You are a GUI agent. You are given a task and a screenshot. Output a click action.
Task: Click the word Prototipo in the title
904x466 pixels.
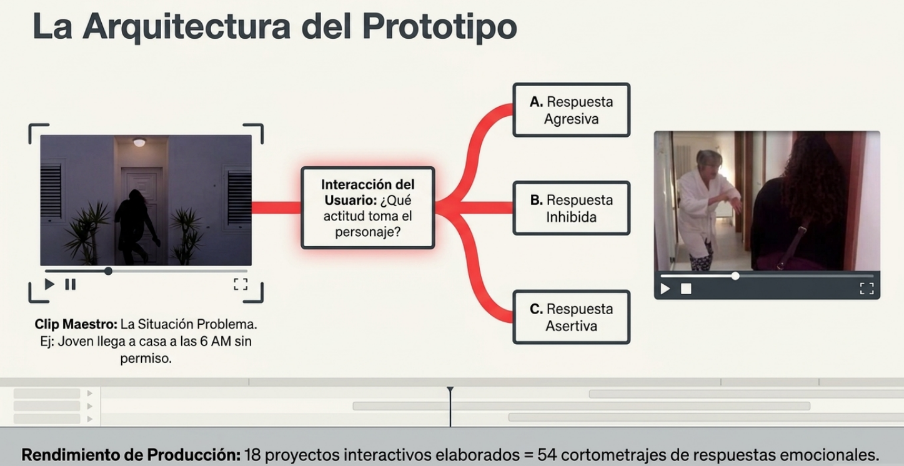(439, 26)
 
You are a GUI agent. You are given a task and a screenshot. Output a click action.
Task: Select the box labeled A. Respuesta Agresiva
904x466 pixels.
(571, 110)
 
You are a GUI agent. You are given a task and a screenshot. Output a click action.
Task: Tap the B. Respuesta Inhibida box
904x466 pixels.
(571, 208)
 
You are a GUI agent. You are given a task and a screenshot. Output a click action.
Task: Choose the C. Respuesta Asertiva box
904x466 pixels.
(571, 317)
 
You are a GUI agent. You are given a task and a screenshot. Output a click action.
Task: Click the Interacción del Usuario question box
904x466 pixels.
(367, 208)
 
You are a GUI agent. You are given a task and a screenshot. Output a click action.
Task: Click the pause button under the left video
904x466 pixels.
(71, 284)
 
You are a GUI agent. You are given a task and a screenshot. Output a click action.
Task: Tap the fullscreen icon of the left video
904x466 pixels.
(241, 284)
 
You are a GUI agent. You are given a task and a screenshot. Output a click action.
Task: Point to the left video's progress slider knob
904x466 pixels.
(108, 271)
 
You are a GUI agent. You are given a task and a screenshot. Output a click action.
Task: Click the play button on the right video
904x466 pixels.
(665, 289)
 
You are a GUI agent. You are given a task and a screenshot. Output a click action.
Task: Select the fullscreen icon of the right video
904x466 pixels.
(867, 289)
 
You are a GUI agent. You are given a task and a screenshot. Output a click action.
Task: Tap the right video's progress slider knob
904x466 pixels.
(735, 275)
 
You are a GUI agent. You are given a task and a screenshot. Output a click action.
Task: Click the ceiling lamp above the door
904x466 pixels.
(139, 142)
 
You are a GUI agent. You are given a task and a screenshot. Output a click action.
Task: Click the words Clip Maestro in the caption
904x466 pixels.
(75, 325)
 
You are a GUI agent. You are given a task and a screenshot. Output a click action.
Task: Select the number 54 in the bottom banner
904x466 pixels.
(547, 455)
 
